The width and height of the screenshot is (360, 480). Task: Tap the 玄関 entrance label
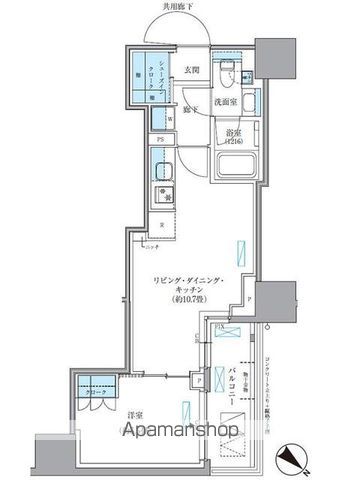(x=192, y=70)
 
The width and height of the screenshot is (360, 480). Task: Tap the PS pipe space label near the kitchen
(x=160, y=140)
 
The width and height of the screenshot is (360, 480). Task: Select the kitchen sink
(x=162, y=169)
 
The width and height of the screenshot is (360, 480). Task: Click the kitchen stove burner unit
(x=161, y=194)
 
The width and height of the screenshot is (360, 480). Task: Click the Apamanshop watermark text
(x=179, y=437)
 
